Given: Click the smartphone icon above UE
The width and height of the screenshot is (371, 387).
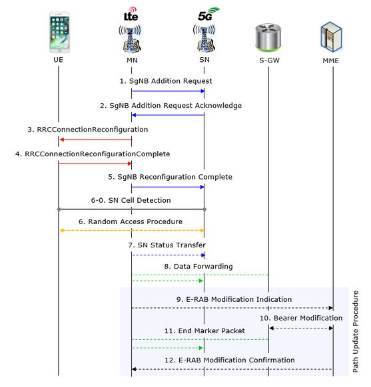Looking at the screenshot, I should pyautogui.click(x=59, y=31).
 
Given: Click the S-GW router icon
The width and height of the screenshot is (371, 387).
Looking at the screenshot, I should pyautogui.click(x=268, y=37).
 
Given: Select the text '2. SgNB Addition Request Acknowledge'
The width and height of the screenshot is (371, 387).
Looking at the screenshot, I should pyautogui.click(x=180, y=105).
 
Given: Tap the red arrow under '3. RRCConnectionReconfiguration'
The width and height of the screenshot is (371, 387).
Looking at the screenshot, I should pyautogui.click(x=95, y=139).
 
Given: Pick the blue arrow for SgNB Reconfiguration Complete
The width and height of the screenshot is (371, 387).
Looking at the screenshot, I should pyautogui.click(x=167, y=187).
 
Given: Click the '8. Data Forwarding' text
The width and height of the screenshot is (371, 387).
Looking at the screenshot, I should pyautogui.click(x=198, y=266).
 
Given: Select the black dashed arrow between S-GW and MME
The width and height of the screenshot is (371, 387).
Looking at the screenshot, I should pyautogui.click(x=302, y=328).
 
